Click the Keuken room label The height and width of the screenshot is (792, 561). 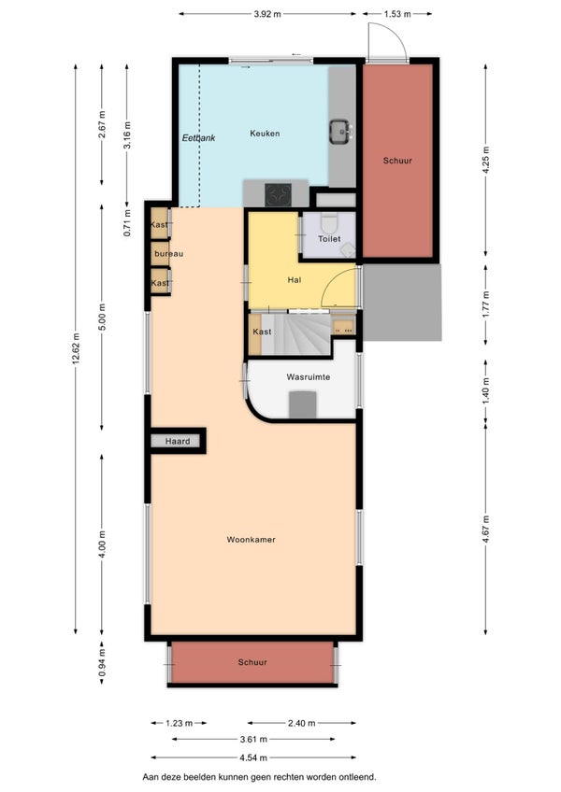(265, 134)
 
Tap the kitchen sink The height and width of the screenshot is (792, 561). (339, 131)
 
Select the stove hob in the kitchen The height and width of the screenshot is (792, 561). (279, 195)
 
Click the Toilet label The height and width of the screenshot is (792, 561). (329, 238)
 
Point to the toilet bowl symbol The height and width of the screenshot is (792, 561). (329, 222)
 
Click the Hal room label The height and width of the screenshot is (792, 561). (294, 280)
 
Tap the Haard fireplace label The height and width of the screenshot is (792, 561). (178, 441)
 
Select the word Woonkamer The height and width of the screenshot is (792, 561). (251, 540)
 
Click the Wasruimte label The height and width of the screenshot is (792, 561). (308, 376)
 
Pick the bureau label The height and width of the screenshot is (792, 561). (169, 253)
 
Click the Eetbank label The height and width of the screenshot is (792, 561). (198, 137)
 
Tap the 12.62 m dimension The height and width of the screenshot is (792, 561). (76, 348)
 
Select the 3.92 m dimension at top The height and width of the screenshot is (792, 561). (267, 14)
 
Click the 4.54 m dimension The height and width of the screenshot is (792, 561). (253, 757)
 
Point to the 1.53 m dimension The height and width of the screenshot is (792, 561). (397, 14)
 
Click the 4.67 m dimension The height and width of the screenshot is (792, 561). (485, 529)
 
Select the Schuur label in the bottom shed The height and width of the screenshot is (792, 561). (252, 662)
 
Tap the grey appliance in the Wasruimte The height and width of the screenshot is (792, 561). (303, 404)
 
